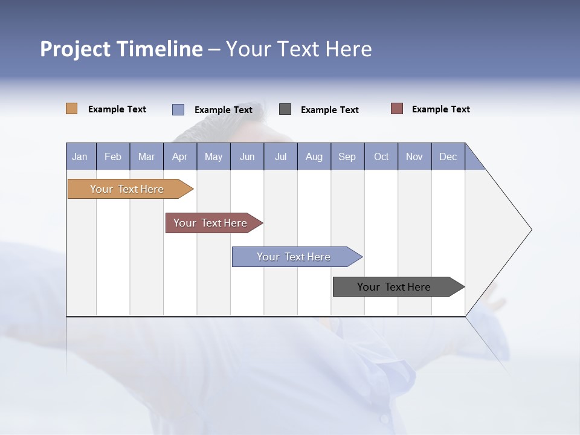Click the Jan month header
pyautogui.click(x=80, y=156)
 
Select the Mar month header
pyautogui.click(x=146, y=156)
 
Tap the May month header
pyautogui.click(x=213, y=156)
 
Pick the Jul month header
pyautogui.click(x=280, y=156)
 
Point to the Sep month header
pyautogui.click(x=347, y=156)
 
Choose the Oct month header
pyautogui.click(x=381, y=156)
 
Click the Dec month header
pyautogui.click(x=448, y=156)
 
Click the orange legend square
pyautogui.click(x=71, y=109)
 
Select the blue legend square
pyautogui.click(x=178, y=109)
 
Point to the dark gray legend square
pyautogui.click(x=285, y=109)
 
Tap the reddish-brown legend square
pyautogui.click(x=396, y=109)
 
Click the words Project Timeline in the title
pyautogui.click(x=121, y=49)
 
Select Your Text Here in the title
pyautogui.click(x=298, y=49)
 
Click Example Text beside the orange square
pyautogui.click(x=117, y=109)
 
